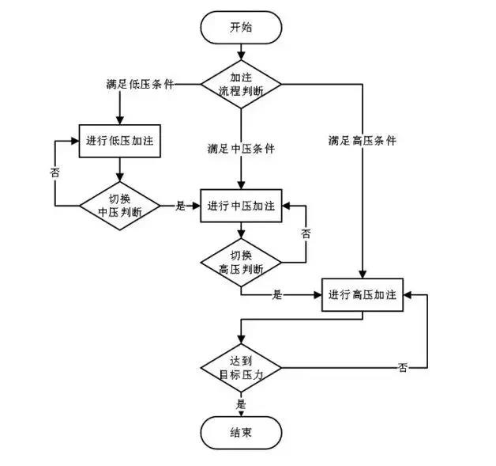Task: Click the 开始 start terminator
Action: (x=242, y=27)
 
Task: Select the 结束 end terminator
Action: (x=242, y=432)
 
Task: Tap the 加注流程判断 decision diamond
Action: (x=242, y=84)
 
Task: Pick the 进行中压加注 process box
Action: (x=242, y=206)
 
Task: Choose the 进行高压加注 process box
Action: (x=363, y=294)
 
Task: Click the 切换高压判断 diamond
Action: (x=242, y=263)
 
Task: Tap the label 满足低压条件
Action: (x=141, y=84)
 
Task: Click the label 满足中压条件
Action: (x=242, y=148)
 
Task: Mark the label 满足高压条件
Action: (x=363, y=141)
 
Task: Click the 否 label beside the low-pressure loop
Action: (x=54, y=172)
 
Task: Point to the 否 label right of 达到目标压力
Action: (x=404, y=368)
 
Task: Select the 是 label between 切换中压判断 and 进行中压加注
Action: (x=179, y=206)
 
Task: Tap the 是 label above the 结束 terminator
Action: (x=242, y=403)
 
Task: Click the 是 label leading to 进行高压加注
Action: (x=277, y=294)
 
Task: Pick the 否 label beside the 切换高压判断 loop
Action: (x=306, y=233)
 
